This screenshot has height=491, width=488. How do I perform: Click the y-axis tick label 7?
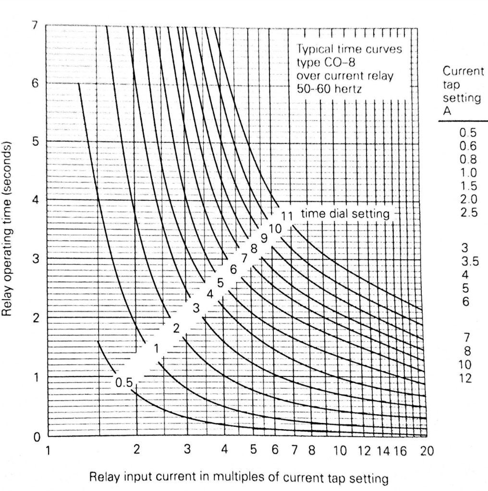35,25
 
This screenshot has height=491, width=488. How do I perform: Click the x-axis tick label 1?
47,450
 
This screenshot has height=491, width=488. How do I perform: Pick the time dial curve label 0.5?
123,382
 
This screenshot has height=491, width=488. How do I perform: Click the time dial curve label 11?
287,215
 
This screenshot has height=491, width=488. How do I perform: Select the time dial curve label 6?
234,269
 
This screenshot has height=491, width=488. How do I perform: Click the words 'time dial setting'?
344,214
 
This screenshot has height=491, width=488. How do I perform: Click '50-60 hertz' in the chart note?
329,88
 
